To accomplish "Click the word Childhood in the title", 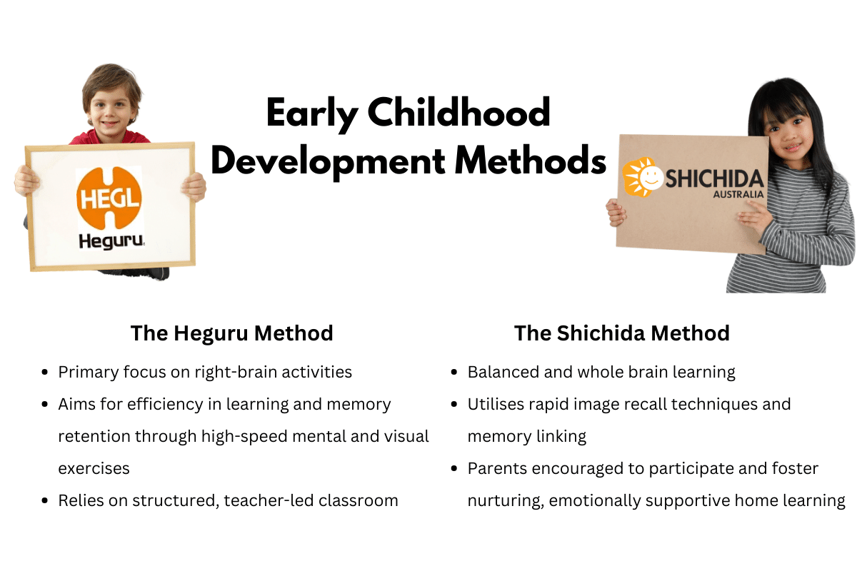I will pos(461,113).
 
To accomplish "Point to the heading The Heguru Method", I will pos(231,333).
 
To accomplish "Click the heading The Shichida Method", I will pos(621,333).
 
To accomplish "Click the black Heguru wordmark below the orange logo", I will pos(111,242).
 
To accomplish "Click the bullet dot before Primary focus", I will pos(46,373).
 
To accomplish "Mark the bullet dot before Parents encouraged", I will pos(455,469).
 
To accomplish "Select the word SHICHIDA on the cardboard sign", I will pos(714,178).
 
